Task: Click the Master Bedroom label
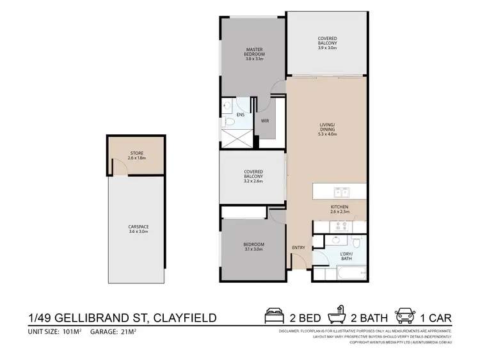click(254, 52)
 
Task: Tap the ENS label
click(240, 115)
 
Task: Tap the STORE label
click(136, 153)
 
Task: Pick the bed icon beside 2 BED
click(274, 316)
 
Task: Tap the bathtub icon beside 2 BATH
click(337, 316)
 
